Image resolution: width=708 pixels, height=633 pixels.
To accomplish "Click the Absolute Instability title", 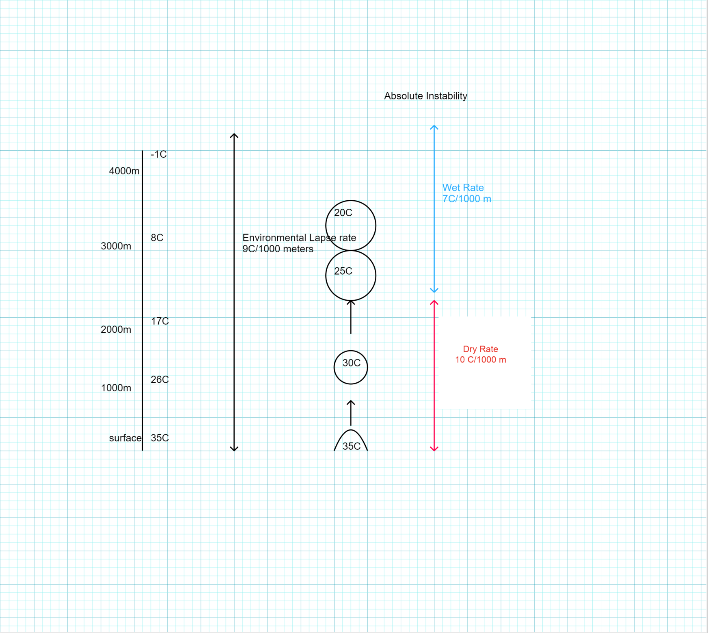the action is coord(425,96).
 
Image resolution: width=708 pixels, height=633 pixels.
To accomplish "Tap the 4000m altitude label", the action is coord(124,171).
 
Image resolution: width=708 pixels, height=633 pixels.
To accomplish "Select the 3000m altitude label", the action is coord(116,246).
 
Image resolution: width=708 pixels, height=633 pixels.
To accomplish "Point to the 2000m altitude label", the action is coord(116,330).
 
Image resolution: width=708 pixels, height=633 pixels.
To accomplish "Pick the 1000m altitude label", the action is coord(116,388).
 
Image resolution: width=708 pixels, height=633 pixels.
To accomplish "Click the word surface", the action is coord(125,438).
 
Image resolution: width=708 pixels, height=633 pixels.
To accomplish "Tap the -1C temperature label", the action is coord(158,154).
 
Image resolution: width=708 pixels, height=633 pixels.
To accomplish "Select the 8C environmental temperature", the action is coord(157,238).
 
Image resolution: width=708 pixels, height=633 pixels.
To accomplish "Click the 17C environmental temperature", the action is coord(160,321).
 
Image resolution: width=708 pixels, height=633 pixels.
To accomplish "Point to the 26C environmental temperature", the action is coord(160,379).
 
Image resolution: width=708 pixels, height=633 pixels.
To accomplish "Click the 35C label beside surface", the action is coord(160,438).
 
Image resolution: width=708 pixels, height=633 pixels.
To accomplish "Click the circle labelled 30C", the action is coord(351,367).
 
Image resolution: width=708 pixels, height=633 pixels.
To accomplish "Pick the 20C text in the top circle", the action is coord(343,213).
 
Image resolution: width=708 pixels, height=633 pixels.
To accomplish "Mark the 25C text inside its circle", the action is coord(343,271).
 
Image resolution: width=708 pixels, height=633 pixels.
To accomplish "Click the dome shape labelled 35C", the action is coord(351,442).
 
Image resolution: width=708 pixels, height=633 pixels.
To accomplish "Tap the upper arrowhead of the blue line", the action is coord(434,127).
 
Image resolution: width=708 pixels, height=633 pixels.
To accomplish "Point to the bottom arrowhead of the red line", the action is coord(434,449).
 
